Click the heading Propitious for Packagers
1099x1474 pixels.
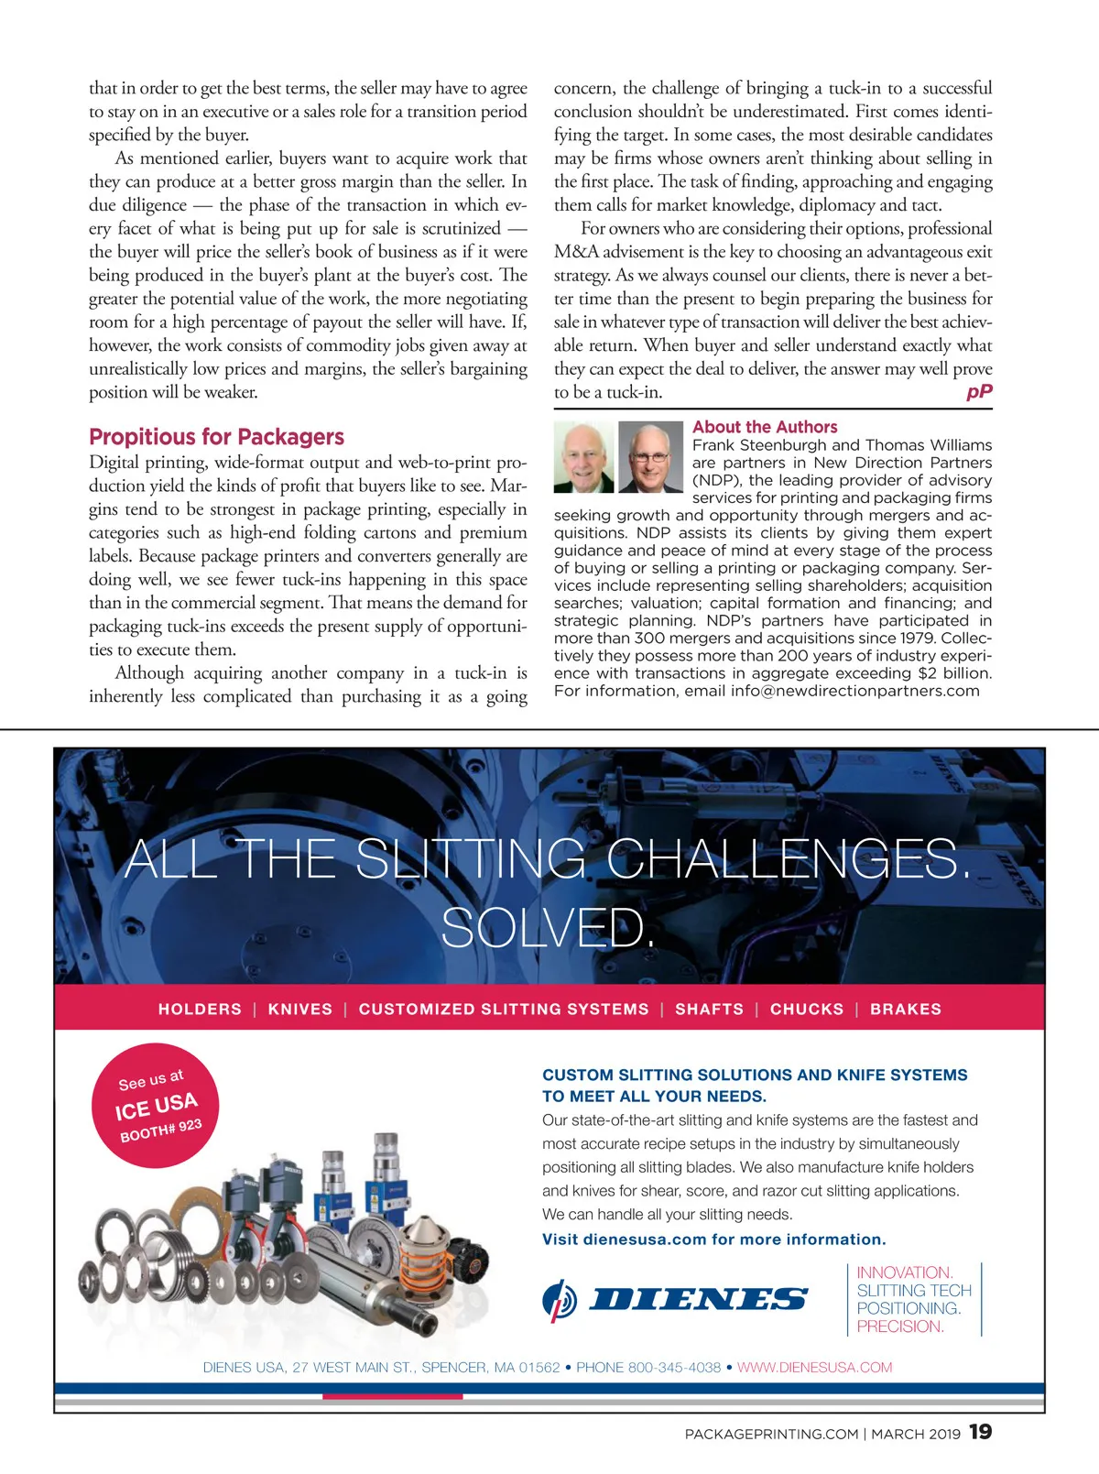coord(216,437)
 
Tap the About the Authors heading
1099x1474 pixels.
coord(765,427)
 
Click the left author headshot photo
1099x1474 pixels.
coord(584,457)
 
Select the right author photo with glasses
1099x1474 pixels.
coord(650,457)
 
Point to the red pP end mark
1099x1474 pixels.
coord(979,392)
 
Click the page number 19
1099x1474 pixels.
coord(980,1432)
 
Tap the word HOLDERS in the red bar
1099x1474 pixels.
coord(200,1009)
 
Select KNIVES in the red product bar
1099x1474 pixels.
coord(300,1009)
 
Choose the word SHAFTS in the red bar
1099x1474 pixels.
coord(709,1009)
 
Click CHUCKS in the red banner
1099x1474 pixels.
coord(807,1009)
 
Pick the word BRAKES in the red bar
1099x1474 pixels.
coord(906,1009)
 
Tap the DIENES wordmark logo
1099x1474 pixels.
coord(698,1299)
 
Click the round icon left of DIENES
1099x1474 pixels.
coord(560,1300)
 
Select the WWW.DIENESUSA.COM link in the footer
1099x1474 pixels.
coord(814,1367)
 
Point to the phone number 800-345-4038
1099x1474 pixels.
coord(674,1367)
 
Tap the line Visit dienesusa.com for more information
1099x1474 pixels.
coord(714,1239)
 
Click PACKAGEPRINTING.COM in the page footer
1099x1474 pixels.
coord(771,1434)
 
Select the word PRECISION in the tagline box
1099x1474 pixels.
coord(899,1327)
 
